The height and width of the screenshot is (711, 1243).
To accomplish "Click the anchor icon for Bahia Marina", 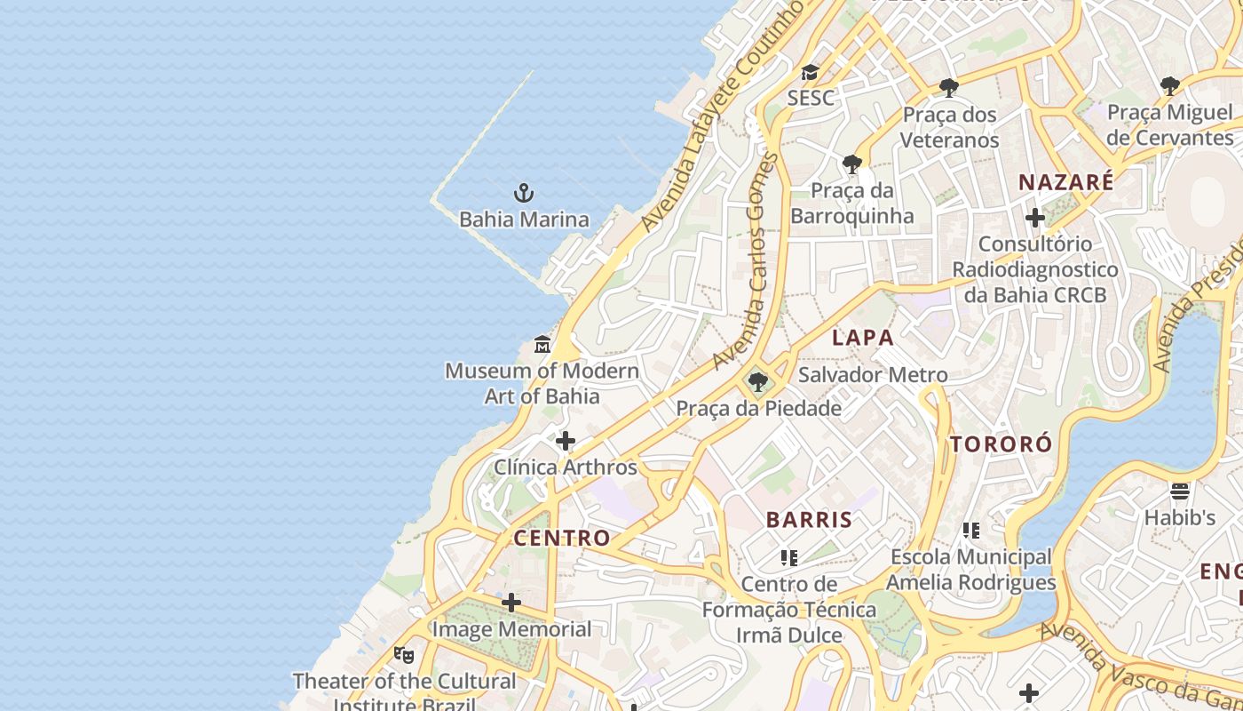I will click(x=524, y=192).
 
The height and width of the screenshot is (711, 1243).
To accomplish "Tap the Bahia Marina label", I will click(x=524, y=220).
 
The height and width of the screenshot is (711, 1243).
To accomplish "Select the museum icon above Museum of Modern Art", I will click(x=542, y=345).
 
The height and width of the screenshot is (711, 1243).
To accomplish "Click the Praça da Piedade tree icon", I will click(x=758, y=383).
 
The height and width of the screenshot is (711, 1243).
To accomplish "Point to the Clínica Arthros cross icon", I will click(x=566, y=441).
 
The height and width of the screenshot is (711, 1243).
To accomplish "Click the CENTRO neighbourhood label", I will click(x=562, y=538).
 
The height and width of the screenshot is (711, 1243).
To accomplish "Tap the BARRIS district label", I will click(x=809, y=520).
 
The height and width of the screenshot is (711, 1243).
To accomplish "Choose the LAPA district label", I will click(x=863, y=338).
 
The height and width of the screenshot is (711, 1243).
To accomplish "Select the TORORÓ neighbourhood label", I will click(x=1001, y=444).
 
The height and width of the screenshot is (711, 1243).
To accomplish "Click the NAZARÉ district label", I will click(x=1065, y=182).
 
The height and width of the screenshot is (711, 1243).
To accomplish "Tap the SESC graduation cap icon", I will click(x=810, y=72).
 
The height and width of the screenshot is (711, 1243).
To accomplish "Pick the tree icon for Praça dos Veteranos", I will click(x=949, y=88).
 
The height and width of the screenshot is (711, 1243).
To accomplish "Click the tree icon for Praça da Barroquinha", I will click(x=852, y=164).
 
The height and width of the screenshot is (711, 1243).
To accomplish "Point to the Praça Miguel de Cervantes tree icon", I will click(x=1170, y=86).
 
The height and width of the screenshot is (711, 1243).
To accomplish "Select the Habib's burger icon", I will click(x=1180, y=491).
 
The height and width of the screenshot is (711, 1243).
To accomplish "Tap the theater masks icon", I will click(x=404, y=655).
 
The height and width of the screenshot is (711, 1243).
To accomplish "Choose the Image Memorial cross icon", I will click(x=511, y=603).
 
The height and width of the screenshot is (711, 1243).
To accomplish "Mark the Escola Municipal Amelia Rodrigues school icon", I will click(x=971, y=531).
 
